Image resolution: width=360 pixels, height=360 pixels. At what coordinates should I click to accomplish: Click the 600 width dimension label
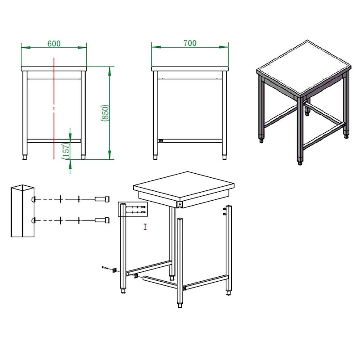[x=54, y=43]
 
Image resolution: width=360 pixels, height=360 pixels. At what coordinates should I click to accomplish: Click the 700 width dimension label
[x=190, y=43]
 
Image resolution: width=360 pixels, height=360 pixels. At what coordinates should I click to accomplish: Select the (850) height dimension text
[x=105, y=113]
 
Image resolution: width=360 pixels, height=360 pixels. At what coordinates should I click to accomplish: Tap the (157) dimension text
[x=66, y=151]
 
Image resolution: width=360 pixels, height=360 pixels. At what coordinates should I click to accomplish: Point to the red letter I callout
[x=145, y=227]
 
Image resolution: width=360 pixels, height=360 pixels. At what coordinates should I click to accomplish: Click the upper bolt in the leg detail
[x=102, y=199]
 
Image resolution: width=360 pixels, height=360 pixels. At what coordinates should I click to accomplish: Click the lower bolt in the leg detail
[x=102, y=220]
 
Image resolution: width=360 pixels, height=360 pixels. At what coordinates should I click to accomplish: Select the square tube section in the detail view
[x=22, y=211]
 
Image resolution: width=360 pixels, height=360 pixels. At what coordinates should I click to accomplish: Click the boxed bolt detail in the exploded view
[x=133, y=209]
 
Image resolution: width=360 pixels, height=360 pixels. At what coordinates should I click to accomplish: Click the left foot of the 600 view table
[x=25, y=157]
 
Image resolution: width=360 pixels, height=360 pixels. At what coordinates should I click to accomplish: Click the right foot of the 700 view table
[x=224, y=157]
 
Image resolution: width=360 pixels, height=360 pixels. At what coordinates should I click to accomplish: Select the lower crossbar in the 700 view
[x=190, y=141]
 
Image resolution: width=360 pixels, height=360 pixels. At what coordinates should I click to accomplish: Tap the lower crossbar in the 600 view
[x=54, y=141]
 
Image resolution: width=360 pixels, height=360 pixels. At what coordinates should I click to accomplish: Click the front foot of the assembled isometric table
[x=300, y=163]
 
